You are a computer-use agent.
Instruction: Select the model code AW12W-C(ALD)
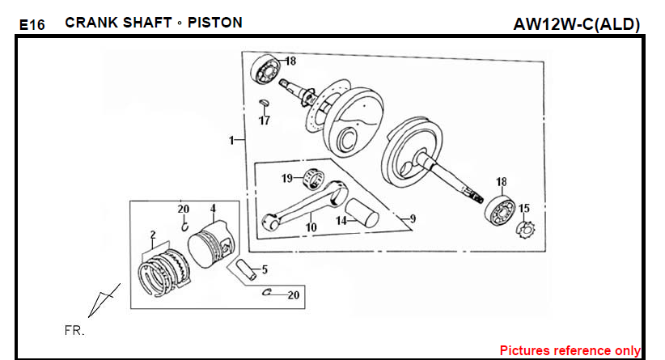pyautogui.click(x=576, y=24)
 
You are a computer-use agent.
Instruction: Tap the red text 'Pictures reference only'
pyautogui.click(x=570, y=351)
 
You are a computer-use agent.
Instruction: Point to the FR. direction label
pyautogui.click(x=74, y=331)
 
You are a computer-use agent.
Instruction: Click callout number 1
pyautogui.click(x=232, y=140)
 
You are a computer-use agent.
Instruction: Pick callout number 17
pyautogui.click(x=265, y=121)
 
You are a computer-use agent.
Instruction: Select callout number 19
pyautogui.click(x=287, y=178)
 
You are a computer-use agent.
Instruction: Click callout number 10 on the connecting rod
pyautogui.click(x=311, y=228)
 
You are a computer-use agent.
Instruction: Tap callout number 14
pyautogui.click(x=341, y=220)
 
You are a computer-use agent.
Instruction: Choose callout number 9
pyautogui.click(x=413, y=218)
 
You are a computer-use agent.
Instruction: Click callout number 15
pyautogui.click(x=524, y=209)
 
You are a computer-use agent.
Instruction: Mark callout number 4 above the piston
pyautogui.click(x=213, y=208)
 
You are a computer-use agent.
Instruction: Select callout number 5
pyautogui.click(x=264, y=269)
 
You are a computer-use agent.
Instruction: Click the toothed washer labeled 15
pyautogui.click(x=524, y=229)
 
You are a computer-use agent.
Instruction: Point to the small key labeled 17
pyautogui.click(x=263, y=103)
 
